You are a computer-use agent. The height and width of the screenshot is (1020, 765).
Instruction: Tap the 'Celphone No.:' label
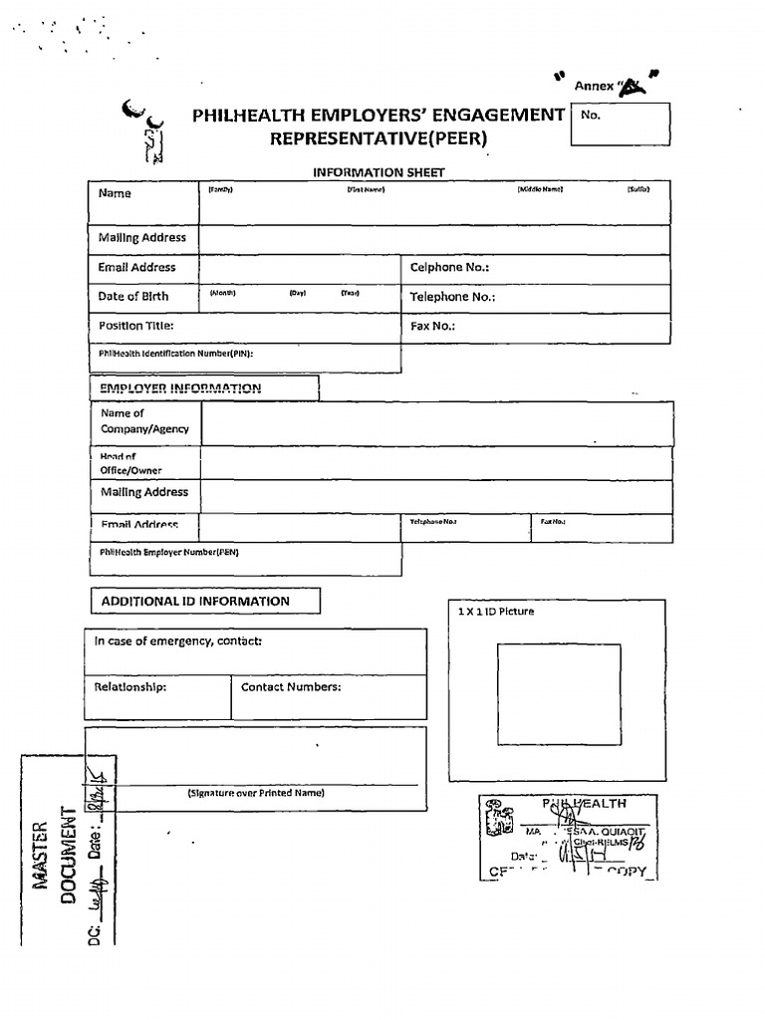449,268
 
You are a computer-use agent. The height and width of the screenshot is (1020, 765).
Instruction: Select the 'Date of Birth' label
133,297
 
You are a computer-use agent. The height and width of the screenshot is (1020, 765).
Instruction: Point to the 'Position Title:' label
136,326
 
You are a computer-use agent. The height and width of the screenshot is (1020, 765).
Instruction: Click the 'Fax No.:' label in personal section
433,326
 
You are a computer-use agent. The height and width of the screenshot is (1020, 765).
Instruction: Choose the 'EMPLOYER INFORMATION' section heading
180,388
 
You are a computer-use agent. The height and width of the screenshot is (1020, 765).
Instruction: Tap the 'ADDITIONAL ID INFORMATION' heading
195,602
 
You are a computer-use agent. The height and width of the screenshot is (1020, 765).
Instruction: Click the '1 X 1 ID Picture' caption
494,612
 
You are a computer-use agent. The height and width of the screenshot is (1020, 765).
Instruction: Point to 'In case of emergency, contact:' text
178,641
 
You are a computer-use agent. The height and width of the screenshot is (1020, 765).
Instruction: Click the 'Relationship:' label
130,687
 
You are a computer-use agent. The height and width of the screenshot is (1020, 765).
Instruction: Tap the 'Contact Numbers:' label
291,687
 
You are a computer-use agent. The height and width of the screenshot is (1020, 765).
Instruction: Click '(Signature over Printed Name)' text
256,793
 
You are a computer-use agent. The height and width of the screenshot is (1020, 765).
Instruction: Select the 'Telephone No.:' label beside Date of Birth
452,297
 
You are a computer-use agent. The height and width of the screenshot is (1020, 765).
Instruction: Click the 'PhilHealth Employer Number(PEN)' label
169,552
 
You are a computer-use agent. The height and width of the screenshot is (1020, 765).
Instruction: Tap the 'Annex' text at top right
594,87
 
